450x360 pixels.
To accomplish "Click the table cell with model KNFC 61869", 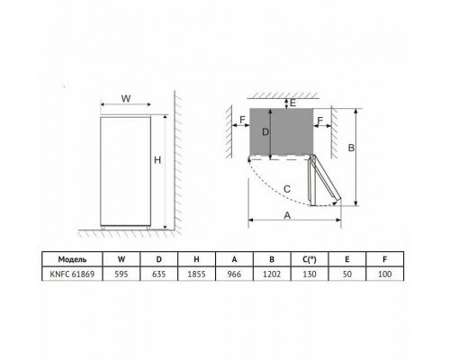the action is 72,274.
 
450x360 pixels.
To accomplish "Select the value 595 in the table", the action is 121,274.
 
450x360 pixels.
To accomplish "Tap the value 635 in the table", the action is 158,274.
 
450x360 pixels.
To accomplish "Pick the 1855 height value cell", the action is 196,274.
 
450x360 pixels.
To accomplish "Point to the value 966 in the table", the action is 234,274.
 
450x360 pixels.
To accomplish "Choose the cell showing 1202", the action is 272,274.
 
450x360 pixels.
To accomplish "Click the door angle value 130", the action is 310,274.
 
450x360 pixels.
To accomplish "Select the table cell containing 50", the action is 347,274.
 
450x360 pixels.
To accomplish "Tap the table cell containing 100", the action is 385,274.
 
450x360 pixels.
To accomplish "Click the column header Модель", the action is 72,259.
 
